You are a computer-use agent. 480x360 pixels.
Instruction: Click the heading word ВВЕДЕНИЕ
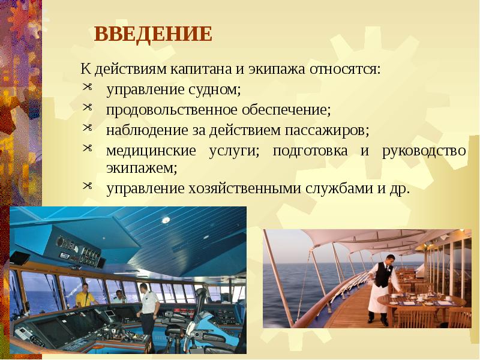pos(153,34)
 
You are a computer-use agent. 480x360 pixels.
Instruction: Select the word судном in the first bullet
pos(215,91)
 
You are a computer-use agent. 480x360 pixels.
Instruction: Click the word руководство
pos(424,149)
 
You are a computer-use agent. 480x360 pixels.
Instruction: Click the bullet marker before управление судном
pos(88,89)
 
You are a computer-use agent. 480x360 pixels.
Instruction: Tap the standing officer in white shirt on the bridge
pos(146,303)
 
